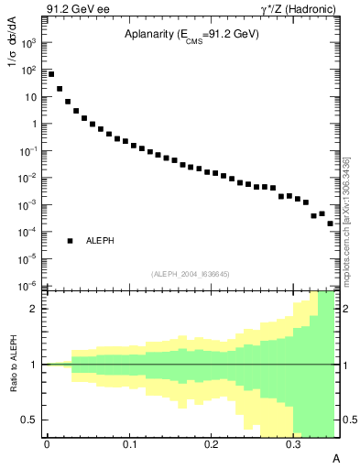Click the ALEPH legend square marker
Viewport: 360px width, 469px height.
(71, 241)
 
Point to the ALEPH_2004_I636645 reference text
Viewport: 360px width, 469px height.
(190, 273)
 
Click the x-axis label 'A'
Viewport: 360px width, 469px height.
(335, 457)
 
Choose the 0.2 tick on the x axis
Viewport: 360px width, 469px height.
(211, 444)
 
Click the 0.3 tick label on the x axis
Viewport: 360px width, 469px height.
(293, 444)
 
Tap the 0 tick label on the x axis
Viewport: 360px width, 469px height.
(47, 444)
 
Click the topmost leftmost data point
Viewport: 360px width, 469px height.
(51, 74)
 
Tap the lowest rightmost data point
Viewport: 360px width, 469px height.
(331, 224)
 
